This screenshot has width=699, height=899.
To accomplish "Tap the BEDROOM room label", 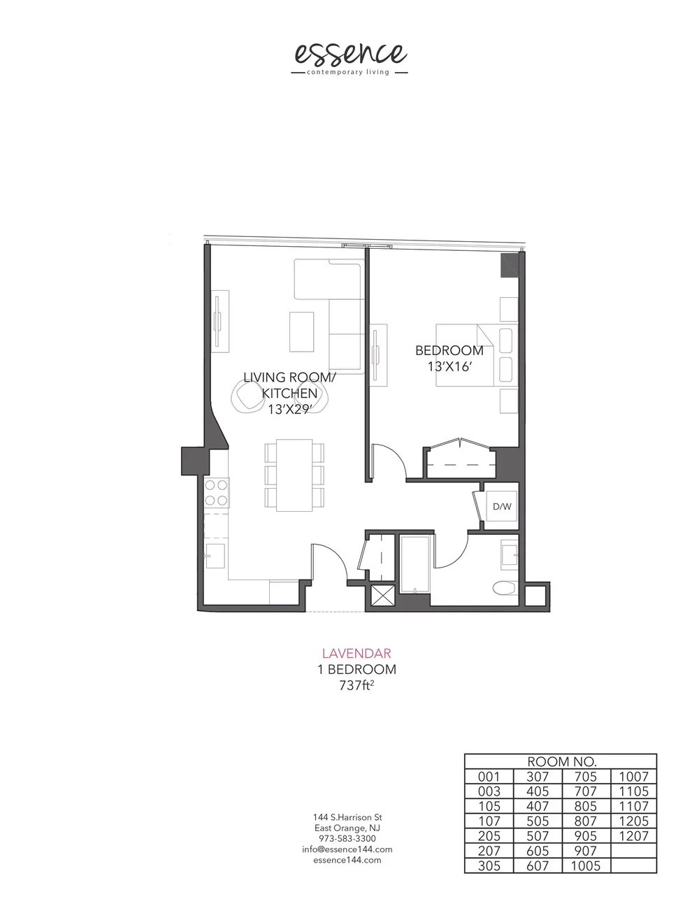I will coord(449,350).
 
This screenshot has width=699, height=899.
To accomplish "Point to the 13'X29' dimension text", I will coord(288,410).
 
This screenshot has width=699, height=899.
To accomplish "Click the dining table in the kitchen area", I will coord(294,475).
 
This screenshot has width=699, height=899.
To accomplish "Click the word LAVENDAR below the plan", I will coord(356,654).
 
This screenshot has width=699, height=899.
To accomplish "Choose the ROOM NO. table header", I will coord(561,762).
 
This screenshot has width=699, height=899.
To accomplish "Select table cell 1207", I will coord(633,835).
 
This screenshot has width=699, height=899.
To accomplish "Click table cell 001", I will coord(489,777).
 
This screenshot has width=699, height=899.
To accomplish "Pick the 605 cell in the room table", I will coord(538,850).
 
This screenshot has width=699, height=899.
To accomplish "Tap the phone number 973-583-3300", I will coord(347,839).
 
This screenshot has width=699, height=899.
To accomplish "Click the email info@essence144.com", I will coord(347,849).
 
